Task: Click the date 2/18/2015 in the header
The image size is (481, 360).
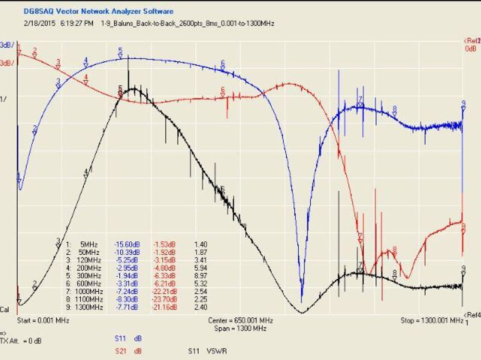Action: pyautogui.click(x=40, y=23)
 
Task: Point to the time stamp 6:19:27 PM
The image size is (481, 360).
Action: pyautogui.click(x=77, y=23)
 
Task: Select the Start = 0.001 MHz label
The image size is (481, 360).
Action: pyautogui.click(x=43, y=320)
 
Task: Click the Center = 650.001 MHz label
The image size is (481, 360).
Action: pyautogui.click(x=240, y=320)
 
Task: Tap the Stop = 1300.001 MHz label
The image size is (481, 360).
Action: pyautogui.click(x=432, y=320)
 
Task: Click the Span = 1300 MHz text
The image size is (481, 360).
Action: pyautogui.click(x=240, y=328)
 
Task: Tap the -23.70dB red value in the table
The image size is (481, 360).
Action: pyautogui.click(x=165, y=299)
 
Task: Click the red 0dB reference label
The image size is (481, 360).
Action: pyautogui.click(x=470, y=49)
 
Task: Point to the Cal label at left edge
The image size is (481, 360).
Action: pyautogui.click(x=4, y=310)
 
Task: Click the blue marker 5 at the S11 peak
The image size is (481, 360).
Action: pyautogui.click(x=121, y=52)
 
